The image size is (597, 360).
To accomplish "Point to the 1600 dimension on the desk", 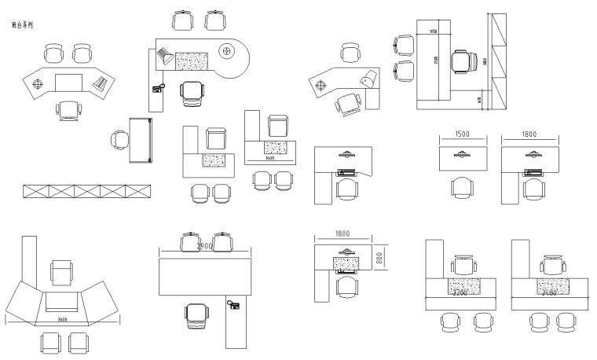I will [269, 159].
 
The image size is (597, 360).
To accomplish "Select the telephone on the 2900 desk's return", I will [233, 303].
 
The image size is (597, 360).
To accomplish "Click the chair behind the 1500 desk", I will [463, 187].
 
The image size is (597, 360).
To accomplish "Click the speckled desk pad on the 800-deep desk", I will [345, 264].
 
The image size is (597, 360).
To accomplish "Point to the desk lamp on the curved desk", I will [166, 56].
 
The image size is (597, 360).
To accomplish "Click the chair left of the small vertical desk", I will [119, 140].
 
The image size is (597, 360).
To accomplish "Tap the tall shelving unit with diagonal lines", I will [497, 61].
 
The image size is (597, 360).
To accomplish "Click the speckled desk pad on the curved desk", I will [191, 61].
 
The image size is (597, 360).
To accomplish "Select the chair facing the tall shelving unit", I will [463, 60].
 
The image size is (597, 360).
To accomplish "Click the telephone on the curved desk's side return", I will [158, 87].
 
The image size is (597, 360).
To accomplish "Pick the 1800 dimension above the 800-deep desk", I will [342, 233].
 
